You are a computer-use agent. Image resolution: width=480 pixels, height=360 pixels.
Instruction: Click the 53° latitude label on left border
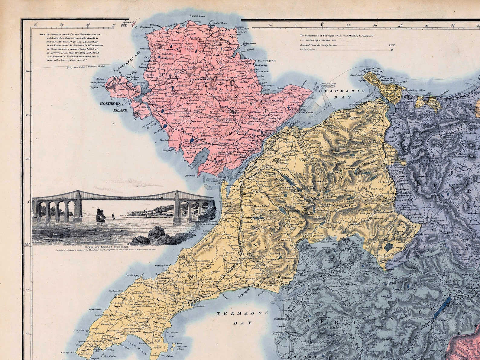point(28,245)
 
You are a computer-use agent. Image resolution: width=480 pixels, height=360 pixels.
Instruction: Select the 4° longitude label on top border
point(321,26)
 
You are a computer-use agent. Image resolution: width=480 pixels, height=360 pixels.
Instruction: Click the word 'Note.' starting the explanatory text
point(42,34)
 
